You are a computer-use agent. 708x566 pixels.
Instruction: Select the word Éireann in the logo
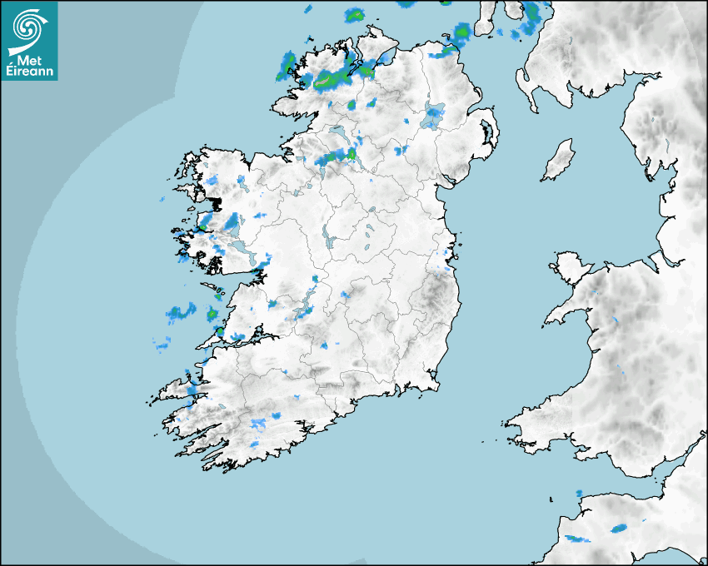(30, 72)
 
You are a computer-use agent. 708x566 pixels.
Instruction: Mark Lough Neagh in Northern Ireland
(432, 117)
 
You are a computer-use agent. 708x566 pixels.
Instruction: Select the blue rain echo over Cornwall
(618, 528)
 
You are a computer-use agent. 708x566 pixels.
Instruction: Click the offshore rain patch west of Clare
(178, 313)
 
